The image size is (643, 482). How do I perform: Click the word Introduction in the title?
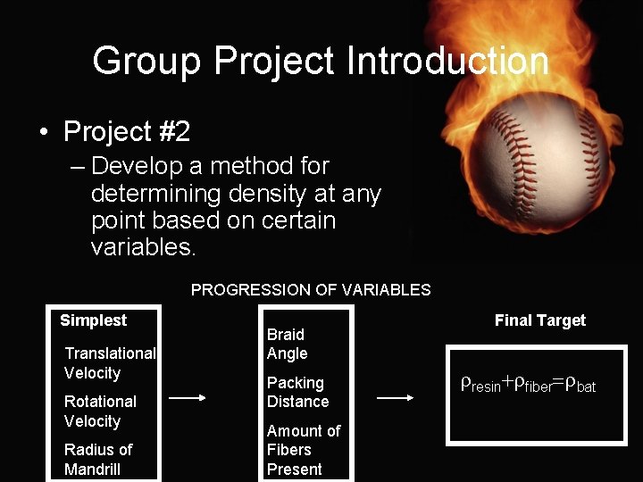(x=447, y=62)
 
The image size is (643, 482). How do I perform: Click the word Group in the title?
(x=147, y=62)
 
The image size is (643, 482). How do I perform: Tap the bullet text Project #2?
(x=126, y=132)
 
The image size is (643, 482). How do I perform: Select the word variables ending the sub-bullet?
(x=141, y=247)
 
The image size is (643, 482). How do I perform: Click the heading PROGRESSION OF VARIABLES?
(x=311, y=290)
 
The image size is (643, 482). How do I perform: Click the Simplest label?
(x=93, y=320)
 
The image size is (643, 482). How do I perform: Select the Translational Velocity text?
(x=109, y=363)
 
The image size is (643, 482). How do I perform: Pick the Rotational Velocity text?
(x=100, y=411)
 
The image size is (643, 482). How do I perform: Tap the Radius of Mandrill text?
(x=97, y=460)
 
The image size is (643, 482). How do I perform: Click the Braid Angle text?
(x=287, y=344)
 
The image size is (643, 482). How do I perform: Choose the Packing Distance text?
(x=297, y=392)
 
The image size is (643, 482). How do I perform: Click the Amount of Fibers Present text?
(x=303, y=450)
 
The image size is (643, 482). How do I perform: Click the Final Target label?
(x=539, y=320)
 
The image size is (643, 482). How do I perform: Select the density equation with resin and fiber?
(x=528, y=385)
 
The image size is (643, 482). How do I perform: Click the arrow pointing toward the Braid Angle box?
(x=188, y=399)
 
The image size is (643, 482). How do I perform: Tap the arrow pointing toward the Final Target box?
(x=395, y=399)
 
